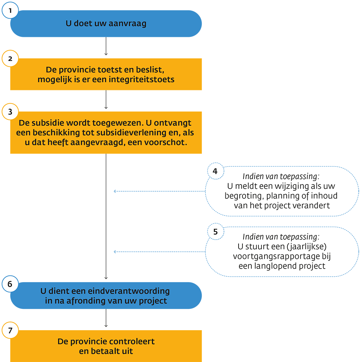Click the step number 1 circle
(10, 11)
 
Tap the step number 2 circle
(10, 59)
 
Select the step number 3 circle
(10, 112)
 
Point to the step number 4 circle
(216, 171)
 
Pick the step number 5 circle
(216, 231)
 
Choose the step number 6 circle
(10, 284)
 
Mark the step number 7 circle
(10, 331)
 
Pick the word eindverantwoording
(128, 291)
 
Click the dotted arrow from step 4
(159, 191)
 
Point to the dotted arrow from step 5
(159, 252)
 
